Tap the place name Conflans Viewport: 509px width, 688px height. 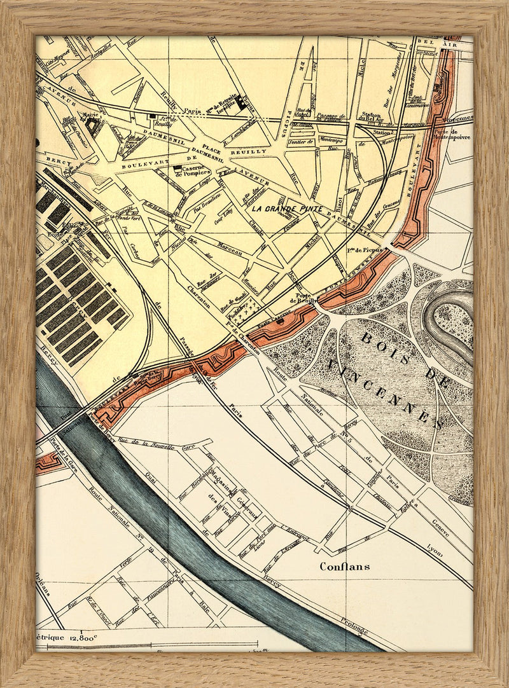tap(345, 565)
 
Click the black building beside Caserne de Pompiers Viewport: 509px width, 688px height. tap(176, 167)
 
